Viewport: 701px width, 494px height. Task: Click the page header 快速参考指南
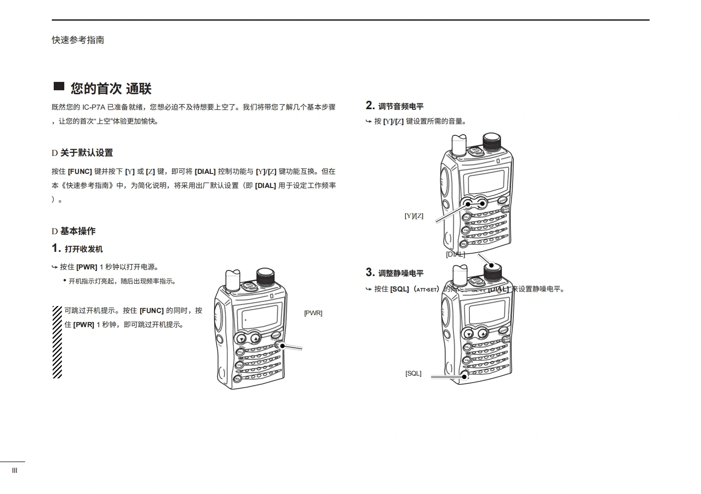coord(78,40)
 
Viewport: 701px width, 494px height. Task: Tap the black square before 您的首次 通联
coord(59,87)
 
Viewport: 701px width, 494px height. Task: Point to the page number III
coord(15,471)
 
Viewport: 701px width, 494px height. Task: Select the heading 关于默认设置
coord(86,153)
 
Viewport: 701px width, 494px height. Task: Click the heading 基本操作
coord(77,231)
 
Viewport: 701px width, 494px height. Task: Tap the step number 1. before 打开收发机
coord(56,248)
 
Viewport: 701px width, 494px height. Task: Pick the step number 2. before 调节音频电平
coord(370,106)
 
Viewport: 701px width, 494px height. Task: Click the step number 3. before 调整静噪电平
coord(370,273)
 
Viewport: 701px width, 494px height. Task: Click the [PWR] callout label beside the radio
coord(313,313)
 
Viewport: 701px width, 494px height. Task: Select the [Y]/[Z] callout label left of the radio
coord(414,216)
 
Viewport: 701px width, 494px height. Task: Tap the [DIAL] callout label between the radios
coord(455,254)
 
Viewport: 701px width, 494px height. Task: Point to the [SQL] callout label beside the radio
coord(413,373)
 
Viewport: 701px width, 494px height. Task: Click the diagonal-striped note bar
coord(57,342)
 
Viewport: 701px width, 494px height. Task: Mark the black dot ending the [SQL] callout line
coord(464,376)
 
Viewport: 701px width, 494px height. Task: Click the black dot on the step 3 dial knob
coord(492,266)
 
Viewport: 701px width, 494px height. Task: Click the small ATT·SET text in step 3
coord(426,290)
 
